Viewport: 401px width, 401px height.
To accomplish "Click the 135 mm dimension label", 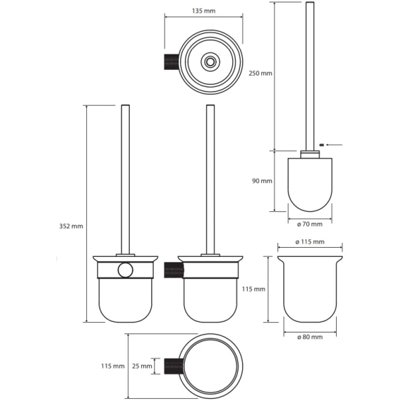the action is (x=203, y=11).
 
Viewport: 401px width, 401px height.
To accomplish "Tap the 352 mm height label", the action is (x=71, y=226).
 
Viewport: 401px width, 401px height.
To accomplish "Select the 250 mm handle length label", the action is (x=261, y=73).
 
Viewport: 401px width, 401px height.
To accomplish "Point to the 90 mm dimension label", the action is (x=262, y=181).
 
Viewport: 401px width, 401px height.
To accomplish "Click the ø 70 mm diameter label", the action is (x=310, y=224).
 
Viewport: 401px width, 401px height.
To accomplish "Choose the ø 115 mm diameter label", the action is (x=310, y=241).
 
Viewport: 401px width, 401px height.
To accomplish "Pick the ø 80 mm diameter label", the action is (x=310, y=337).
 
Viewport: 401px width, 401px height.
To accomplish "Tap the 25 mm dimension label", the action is (x=142, y=366).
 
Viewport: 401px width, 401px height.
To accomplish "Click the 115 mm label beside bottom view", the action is (x=113, y=366).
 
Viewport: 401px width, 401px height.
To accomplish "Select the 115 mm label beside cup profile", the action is (x=253, y=289).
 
